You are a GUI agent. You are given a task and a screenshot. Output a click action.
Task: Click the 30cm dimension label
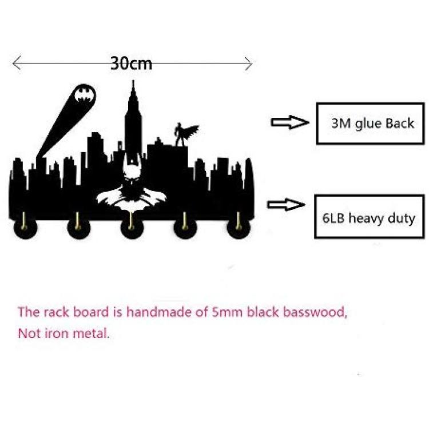(x=131, y=63)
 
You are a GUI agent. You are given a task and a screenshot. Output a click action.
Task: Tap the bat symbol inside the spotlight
(x=85, y=94)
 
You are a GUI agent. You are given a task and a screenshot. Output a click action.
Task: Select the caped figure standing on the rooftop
(x=185, y=134)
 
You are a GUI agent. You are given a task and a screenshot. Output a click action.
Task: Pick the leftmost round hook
(x=25, y=228)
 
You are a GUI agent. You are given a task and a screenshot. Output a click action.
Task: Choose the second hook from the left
(x=78, y=228)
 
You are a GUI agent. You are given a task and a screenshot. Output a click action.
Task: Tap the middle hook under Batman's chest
(x=132, y=228)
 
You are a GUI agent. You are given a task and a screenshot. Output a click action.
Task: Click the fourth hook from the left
(x=185, y=228)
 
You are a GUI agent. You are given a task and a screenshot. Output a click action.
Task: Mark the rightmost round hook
(x=239, y=228)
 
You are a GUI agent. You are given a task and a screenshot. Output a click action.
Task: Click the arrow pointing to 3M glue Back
(x=290, y=122)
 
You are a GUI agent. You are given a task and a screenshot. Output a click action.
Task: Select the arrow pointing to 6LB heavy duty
(x=286, y=204)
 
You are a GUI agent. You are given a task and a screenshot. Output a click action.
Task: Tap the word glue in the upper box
(x=368, y=124)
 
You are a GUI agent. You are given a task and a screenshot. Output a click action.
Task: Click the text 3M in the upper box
(x=341, y=124)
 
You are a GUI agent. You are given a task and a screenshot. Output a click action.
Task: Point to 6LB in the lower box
(x=333, y=219)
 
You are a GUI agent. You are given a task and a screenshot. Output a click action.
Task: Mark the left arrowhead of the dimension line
(x=17, y=63)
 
